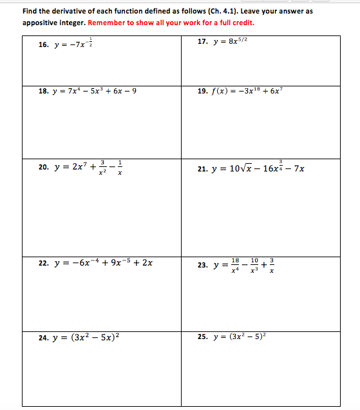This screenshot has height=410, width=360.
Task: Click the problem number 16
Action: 44,45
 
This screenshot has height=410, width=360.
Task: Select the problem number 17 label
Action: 203,41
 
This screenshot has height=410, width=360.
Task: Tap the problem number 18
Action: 44,91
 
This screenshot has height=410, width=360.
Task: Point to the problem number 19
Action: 203,91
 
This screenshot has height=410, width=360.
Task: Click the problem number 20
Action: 44,167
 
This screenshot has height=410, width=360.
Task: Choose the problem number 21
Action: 203,168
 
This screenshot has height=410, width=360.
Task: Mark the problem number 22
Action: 44,263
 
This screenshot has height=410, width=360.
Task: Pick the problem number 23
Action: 203,264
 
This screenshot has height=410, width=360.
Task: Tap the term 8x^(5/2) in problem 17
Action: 234,41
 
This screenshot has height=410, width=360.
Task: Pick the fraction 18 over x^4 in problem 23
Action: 235,264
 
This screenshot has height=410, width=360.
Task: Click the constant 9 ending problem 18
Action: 133,91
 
